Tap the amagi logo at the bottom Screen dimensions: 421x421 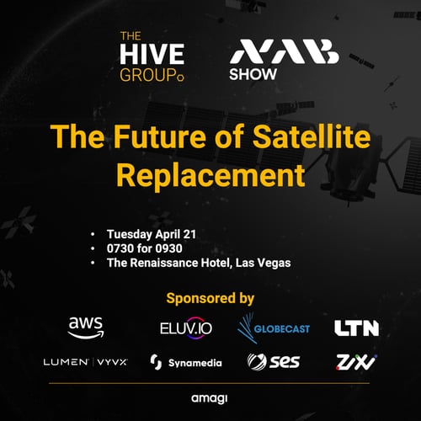(x=210, y=395)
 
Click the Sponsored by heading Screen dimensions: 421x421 (x=210, y=297)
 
